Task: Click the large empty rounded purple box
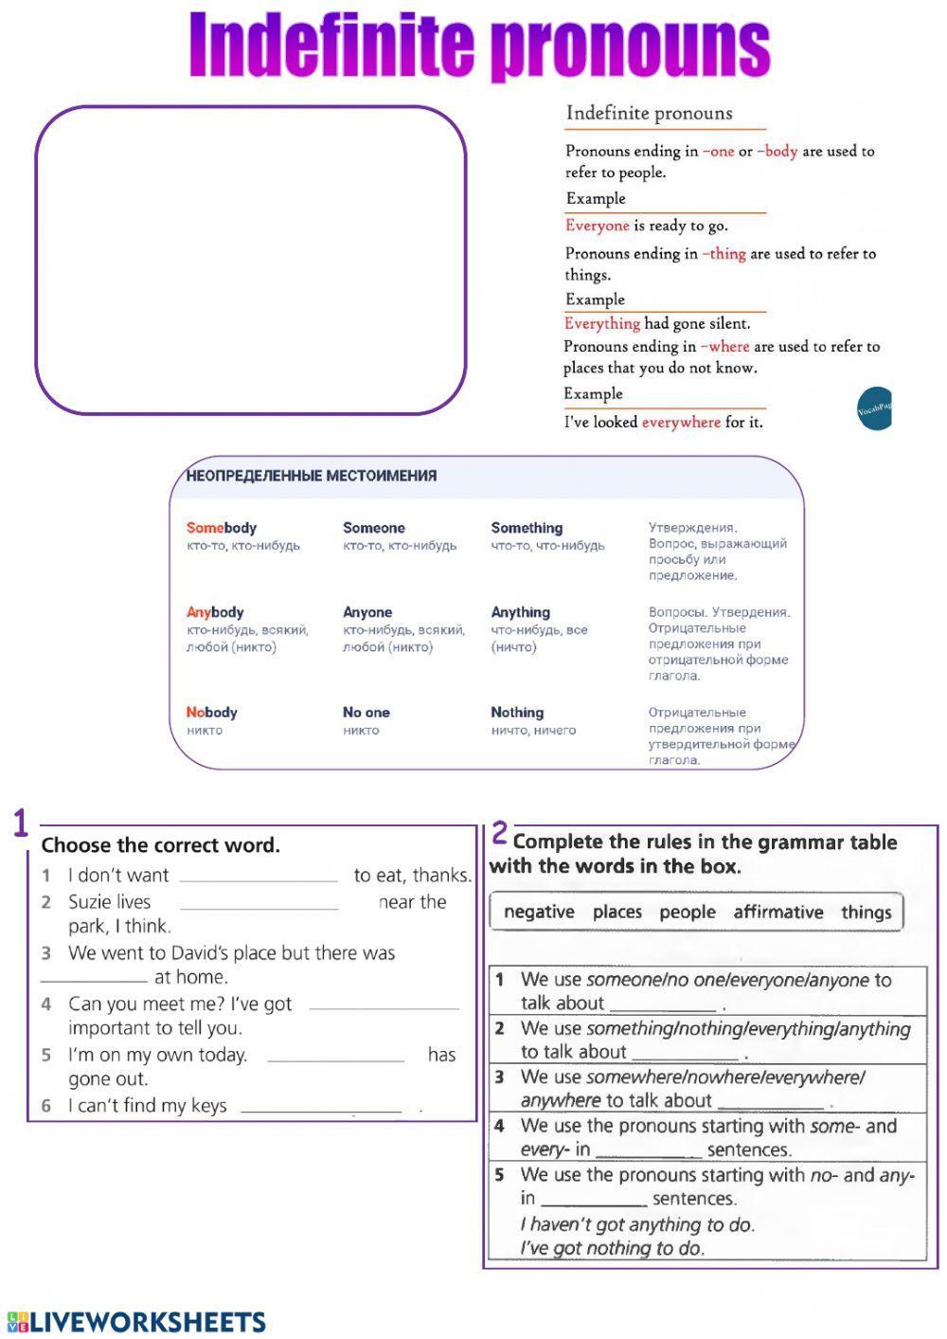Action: [251, 261]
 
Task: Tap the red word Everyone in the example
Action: [597, 226]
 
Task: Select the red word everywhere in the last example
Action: [681, 423]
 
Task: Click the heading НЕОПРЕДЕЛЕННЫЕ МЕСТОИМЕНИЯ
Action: [312, 476]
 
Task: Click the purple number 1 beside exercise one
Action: [21, 824]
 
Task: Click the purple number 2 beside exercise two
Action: [499, 834]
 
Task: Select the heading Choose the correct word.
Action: [160, 845]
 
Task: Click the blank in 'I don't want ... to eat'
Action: [259, 877]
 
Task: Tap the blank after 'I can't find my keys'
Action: [321, 1107]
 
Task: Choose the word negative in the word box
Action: [539, 912]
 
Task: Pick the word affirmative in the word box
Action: [777, 912]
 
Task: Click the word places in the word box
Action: [616, 912]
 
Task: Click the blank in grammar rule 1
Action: [663, 1005]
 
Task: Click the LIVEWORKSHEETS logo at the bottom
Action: [136, 1322]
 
